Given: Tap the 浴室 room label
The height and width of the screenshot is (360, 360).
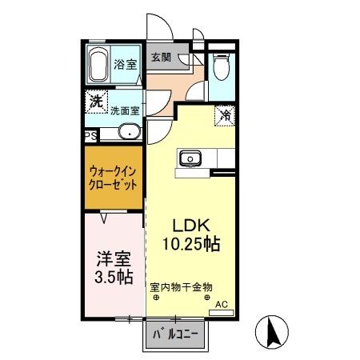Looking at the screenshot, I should (124, 64).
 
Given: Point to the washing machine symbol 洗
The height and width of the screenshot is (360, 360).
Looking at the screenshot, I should (95, 102).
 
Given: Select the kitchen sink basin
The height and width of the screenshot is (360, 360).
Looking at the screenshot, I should (192, 158).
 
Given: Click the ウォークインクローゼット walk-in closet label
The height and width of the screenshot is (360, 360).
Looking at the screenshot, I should (113, 177).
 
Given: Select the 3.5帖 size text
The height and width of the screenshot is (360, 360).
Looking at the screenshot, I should (113, 278).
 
